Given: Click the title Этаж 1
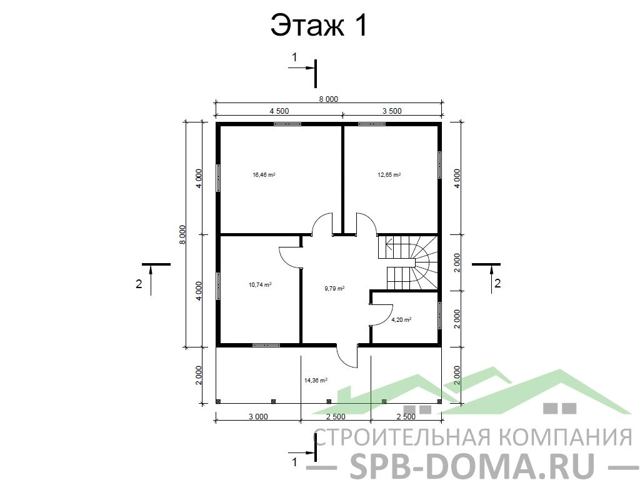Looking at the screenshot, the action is tap(319, 26).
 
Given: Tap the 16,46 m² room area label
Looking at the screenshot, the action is tap(264, 175).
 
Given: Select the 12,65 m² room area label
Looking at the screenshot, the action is tap(389, 175).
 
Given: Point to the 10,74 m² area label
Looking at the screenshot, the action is tap(260, 285).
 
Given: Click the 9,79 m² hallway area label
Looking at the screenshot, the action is tap(335, 288).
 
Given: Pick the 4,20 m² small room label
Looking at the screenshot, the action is tap(401, 319).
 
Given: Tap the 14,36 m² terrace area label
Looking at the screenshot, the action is tap(316, 380).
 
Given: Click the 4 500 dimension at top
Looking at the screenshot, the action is tap(279, 111).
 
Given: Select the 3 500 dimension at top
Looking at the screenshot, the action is tap(392, 111).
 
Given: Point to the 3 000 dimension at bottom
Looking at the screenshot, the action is tap(258, 417).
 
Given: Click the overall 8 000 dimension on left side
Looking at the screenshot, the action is tap(182, 234).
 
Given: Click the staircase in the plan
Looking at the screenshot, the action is tap(407, 262).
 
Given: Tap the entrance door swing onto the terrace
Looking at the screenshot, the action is tap(347, 356).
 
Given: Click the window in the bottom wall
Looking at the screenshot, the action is tap(266, 345).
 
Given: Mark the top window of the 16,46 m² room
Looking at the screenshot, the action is tap(287, 124).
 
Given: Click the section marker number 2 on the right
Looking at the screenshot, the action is tap(497, 283).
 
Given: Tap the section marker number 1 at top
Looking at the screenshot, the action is tap(294, 57).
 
